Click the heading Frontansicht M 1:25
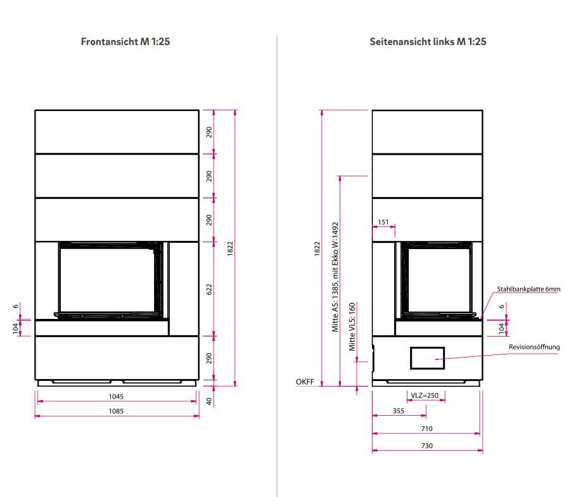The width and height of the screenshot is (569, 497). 125,42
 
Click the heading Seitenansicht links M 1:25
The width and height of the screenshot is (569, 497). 428,42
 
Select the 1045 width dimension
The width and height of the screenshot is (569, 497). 115,397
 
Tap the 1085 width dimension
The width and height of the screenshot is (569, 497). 115,411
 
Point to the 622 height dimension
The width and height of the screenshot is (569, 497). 209,289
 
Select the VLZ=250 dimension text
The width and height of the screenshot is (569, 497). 425,396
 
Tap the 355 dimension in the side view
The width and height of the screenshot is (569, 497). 399,411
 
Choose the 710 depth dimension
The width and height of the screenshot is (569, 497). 426,429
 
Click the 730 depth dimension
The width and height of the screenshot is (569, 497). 426,446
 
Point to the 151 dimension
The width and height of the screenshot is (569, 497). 383,223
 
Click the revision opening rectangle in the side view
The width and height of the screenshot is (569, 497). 427,358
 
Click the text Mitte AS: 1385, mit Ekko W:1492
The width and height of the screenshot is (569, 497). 335,278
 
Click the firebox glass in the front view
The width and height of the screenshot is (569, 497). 105,279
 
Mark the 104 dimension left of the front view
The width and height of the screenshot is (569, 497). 16,328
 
